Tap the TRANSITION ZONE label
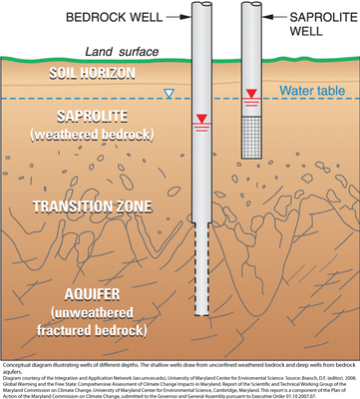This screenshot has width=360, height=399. (91, 206)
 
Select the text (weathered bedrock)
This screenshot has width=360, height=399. (91, 134)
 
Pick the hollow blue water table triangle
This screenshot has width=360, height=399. (169, 95)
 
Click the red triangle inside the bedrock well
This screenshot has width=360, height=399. (202, 120)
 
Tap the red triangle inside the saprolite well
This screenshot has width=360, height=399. (252, 96)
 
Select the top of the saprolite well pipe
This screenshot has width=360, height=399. (252, 5)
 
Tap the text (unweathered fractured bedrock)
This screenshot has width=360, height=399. (91, 321)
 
